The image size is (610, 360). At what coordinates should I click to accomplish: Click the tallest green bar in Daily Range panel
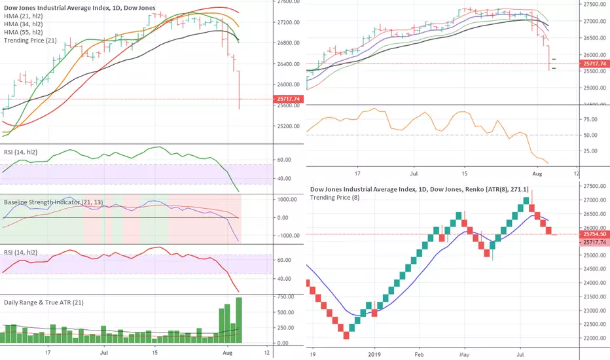coord(239,320)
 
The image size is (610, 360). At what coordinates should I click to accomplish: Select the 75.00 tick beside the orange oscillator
coord(589,120)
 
